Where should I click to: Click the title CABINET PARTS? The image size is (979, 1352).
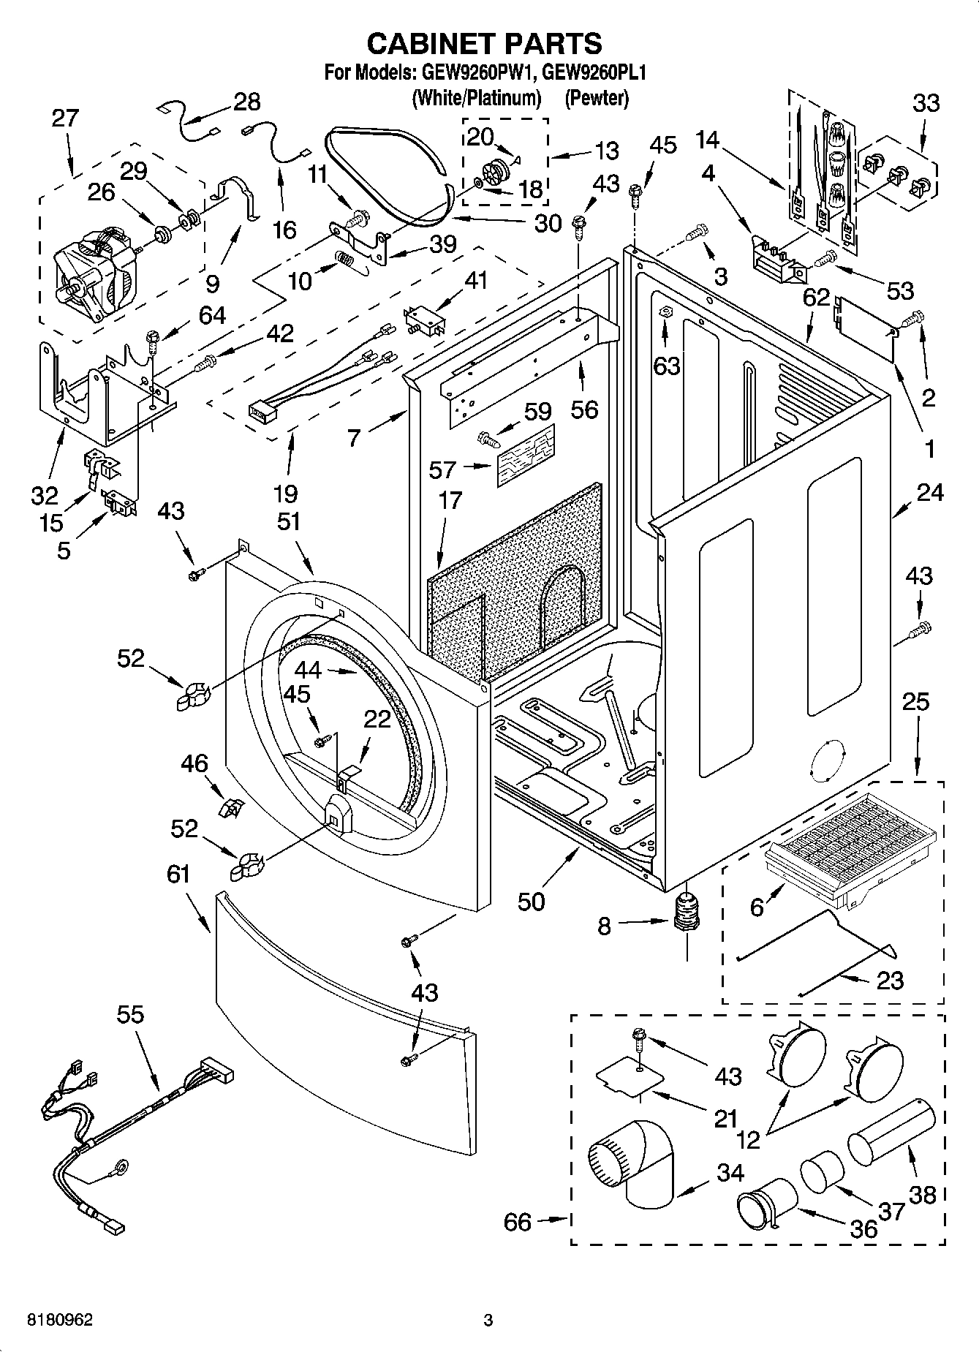[x=484, y=44]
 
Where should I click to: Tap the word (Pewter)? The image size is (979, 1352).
[x=596, y=98]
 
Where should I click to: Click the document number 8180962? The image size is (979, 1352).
[x=60, y=1321]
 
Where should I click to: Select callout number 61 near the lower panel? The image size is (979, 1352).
[x=178, y=875]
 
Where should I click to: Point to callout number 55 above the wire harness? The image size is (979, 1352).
[x=130, y=1015]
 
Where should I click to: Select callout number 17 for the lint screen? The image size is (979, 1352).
[x=450, y=500]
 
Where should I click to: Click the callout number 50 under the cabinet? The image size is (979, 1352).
[x=531, y=902]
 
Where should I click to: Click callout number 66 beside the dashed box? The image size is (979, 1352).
[x=518, y=1222]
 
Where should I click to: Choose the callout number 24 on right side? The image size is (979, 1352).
[x=930, y=494]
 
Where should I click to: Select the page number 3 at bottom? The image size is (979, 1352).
[x=488, y=1321]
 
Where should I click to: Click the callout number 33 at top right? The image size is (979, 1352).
[x=925, y=103]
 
